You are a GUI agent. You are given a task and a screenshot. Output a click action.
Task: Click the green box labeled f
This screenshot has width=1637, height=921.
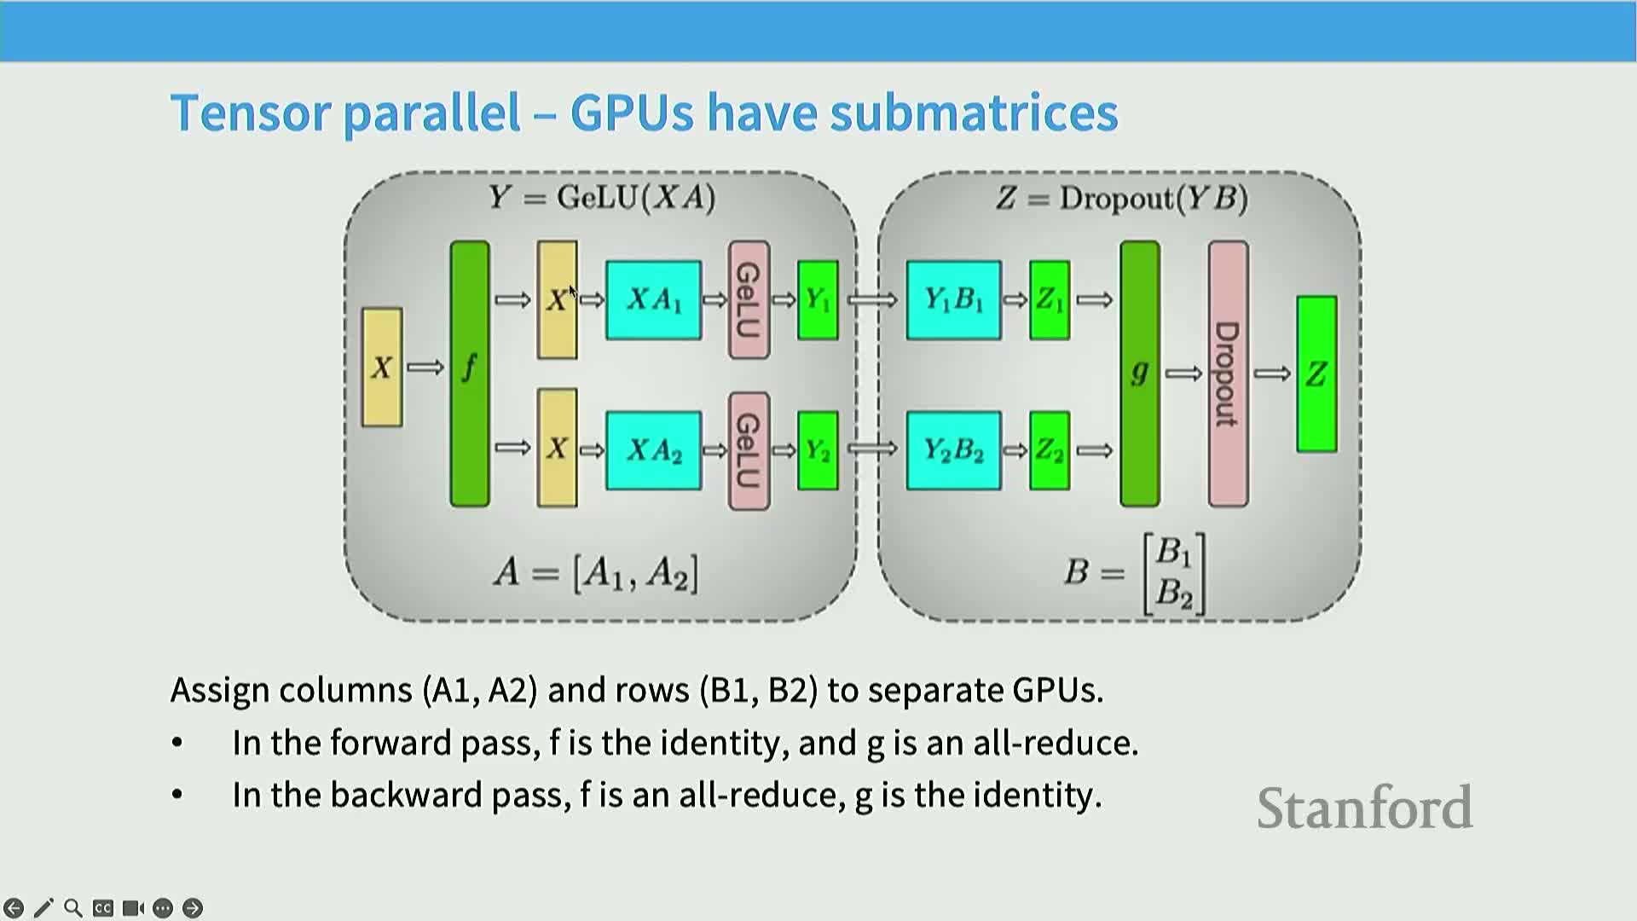[470, 374]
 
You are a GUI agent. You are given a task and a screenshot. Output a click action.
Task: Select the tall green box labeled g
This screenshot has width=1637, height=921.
[1140, 374]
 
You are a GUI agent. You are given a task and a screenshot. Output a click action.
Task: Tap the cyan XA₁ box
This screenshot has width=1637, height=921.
[654, 300]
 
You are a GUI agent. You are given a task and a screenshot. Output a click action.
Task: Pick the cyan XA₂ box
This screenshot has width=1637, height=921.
[654, 450]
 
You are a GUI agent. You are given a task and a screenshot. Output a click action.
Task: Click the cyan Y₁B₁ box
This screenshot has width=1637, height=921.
[954, 300]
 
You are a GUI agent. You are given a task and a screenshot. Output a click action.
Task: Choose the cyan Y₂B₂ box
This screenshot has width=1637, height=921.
[954, 450]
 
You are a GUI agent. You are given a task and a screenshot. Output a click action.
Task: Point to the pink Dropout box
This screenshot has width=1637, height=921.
[1228, 374]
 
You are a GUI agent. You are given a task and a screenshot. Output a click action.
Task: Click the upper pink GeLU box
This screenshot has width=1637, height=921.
[749, 300]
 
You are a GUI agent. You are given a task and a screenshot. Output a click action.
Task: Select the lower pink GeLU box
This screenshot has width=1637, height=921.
[749, 450]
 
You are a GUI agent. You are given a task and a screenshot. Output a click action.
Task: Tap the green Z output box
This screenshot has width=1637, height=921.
[1316, 374]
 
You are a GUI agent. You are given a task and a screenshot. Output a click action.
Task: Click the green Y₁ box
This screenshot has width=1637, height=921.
[818, 300]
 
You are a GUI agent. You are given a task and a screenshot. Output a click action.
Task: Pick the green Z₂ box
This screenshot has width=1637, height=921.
[1050, 450]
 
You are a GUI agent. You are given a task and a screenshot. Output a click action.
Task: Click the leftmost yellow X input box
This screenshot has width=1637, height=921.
[382, 368]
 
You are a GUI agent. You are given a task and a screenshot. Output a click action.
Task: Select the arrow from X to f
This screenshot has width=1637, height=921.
[425, 368]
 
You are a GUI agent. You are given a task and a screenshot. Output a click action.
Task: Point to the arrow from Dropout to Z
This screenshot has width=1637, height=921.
[1272, 374]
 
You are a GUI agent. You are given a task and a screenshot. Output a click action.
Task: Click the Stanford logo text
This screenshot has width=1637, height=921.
[1364, 808]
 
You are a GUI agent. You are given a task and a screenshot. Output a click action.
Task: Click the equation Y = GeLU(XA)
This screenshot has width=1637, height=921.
[602, 198]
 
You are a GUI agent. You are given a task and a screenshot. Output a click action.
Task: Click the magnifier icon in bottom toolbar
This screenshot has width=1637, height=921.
[73, 908]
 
